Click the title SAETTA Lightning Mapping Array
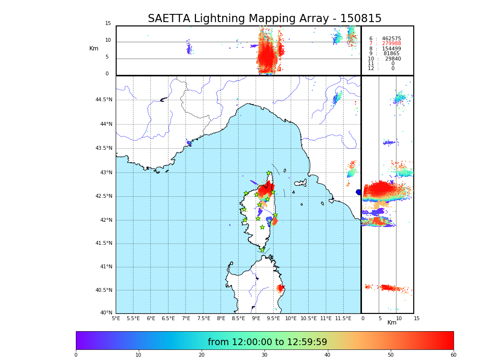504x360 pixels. click(264, 19)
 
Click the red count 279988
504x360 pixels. click(391, 44)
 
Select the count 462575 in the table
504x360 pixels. click(391, 39)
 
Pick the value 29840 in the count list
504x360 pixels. click(393, 59)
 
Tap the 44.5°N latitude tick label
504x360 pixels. click(103, 100)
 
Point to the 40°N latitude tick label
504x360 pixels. click(106, 313)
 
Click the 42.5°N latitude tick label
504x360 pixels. click(103, 196)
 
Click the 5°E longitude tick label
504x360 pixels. click(116, 318)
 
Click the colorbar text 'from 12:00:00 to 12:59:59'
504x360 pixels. click(267, 342)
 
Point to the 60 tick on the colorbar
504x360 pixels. click(453, 355)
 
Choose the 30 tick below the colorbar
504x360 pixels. click(264, 355)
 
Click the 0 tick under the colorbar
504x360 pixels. click(76, 355)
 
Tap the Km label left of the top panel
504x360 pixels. click(94, 48)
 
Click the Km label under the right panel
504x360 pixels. click(392, 323)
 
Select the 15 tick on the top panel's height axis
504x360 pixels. click(108, 24)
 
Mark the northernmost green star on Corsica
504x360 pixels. click(269, 173)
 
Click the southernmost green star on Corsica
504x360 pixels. click(262, 250)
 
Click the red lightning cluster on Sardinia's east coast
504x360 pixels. click(280, 288)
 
